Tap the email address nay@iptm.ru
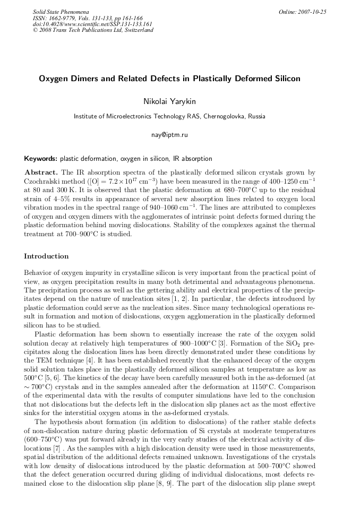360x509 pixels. pyautogui.click(x=169, y=135)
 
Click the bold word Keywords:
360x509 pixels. pyautogui.click(x=41, y=158)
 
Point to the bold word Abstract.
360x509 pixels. pyautogui.click(x=42, y=172)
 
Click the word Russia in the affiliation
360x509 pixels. pyautogui.click(x=254, y=116)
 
